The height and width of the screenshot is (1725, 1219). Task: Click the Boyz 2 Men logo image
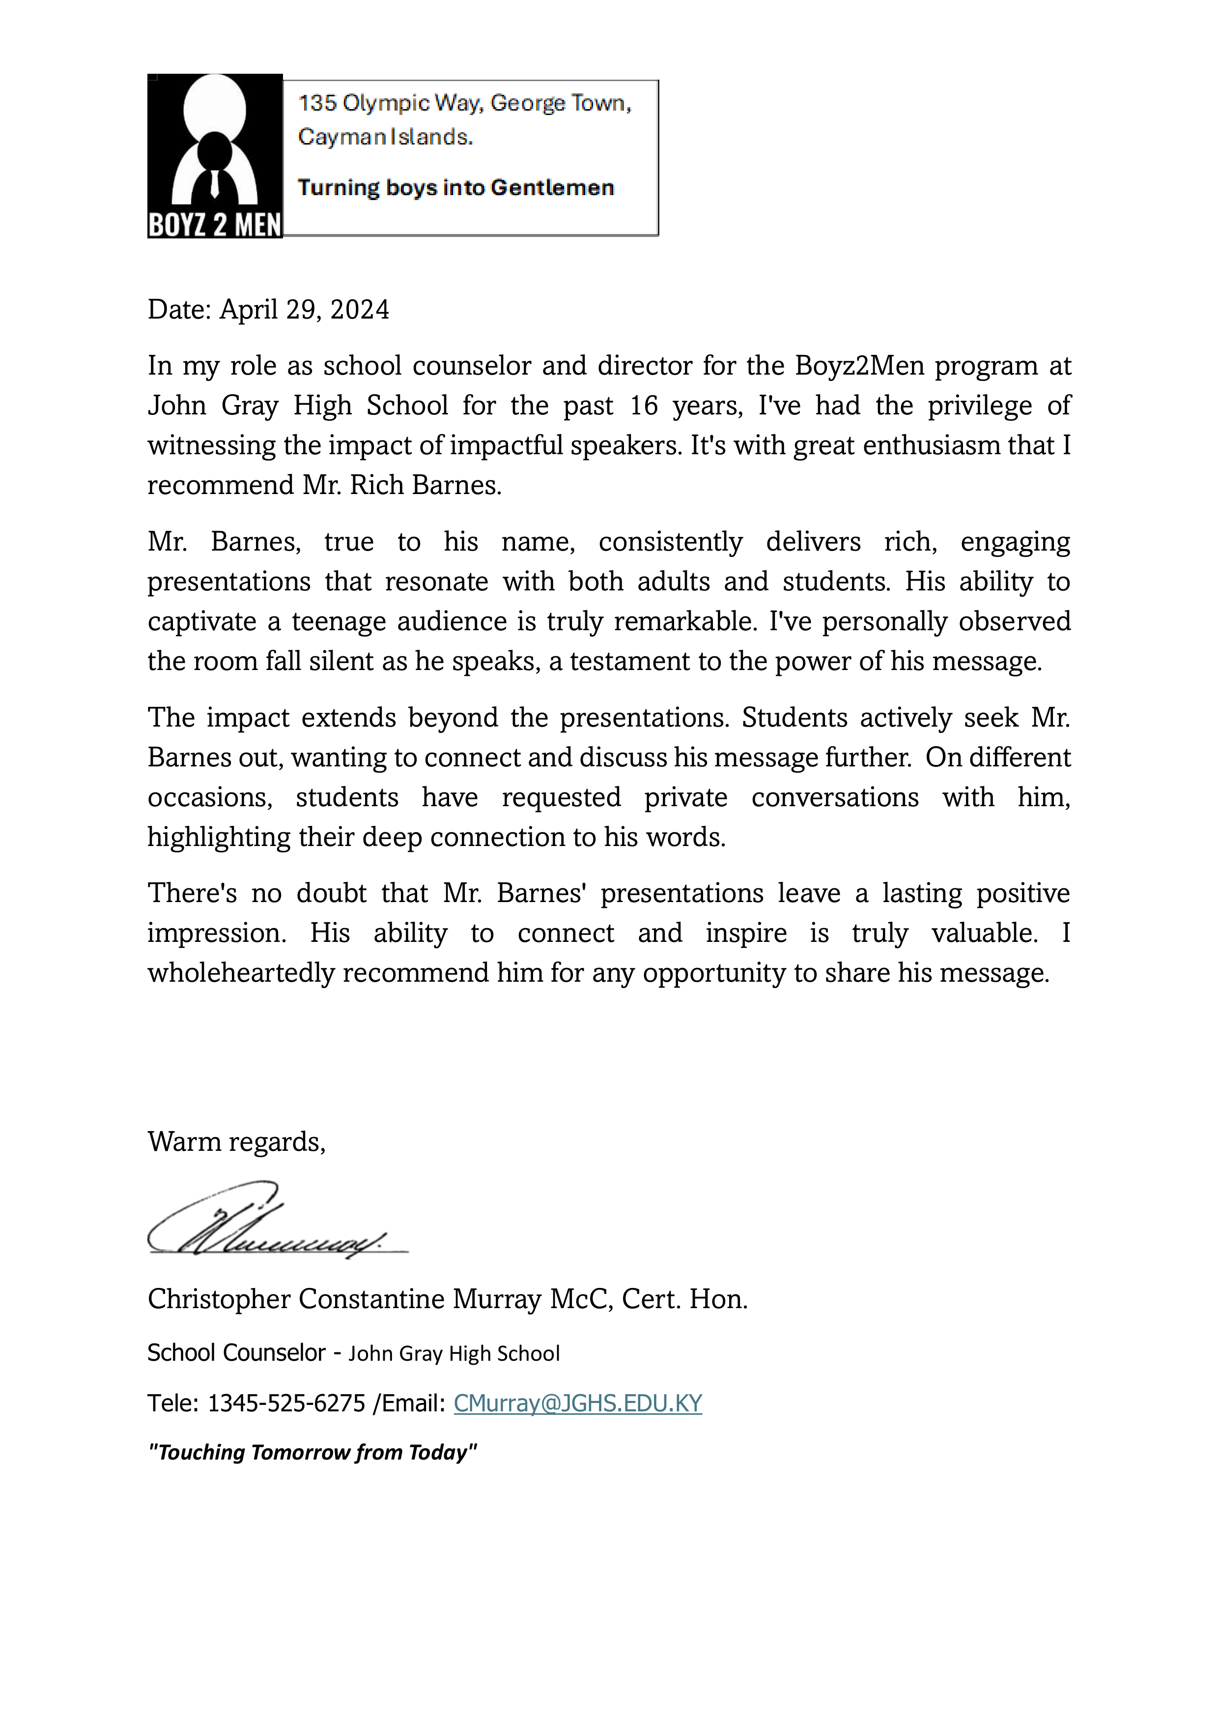click(x=215, y=156)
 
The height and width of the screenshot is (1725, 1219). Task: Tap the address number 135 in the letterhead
click(x=317, y=103)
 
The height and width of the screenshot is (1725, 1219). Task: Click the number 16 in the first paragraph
click(x=644, y=406)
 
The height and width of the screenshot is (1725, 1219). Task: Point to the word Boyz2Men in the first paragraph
click(x=859, y=366)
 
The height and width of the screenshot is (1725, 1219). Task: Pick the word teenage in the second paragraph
click(x=340, y=622)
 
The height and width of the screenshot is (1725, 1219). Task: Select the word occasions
click(x=209, y=798)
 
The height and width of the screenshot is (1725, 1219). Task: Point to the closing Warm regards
click(x=237, y=1142)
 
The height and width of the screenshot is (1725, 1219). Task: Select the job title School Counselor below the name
click(x=236, y=1353)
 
